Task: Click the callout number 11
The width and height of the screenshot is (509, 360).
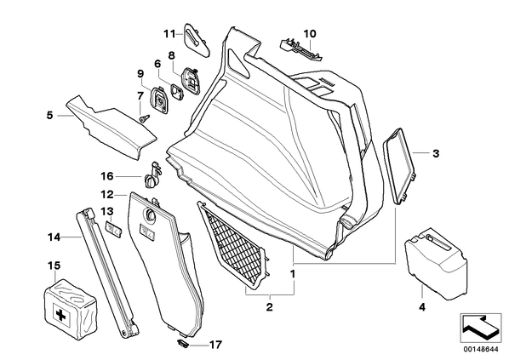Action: point(169,33)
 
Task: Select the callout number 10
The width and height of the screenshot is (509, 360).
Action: point(310,33)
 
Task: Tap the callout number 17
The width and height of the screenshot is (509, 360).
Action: point(215,345)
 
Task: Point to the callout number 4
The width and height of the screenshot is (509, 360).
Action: point(422,306)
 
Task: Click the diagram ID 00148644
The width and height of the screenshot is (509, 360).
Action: point(481,349)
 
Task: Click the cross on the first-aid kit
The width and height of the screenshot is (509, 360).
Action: point(60,314)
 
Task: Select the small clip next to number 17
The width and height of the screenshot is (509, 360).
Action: point(183,343)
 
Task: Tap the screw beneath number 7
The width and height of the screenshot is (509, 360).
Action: point(145,117)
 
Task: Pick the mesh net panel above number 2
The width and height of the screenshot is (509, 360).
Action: point(234,245)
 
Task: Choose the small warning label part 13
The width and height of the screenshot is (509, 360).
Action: point(113,227)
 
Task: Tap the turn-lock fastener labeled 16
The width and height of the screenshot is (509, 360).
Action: point(152,176)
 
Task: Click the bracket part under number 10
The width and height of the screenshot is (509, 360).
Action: point(301,49)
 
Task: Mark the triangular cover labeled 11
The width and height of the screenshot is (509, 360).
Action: point(197,41)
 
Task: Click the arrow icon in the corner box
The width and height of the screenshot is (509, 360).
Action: point(479,327)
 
